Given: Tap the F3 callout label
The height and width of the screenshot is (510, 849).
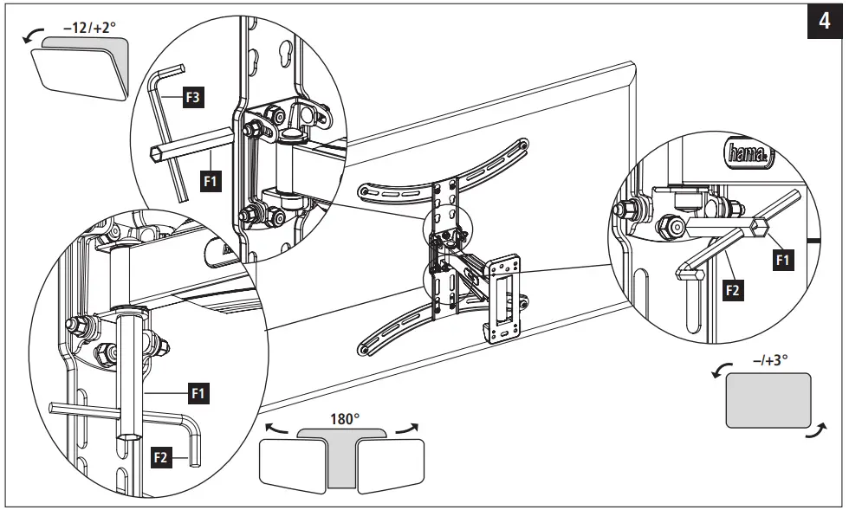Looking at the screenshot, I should (x=193, y=97).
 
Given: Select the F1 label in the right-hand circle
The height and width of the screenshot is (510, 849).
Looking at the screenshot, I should (x=781, y=257).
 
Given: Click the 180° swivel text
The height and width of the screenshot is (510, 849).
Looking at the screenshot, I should (x=344, y=418).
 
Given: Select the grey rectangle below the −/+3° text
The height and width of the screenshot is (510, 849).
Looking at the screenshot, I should (x=768, y=399).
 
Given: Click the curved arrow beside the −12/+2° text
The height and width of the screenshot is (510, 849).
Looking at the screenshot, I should (x=33, y=36).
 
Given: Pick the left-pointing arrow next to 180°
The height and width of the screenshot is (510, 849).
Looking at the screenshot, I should (x=280, y=428).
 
